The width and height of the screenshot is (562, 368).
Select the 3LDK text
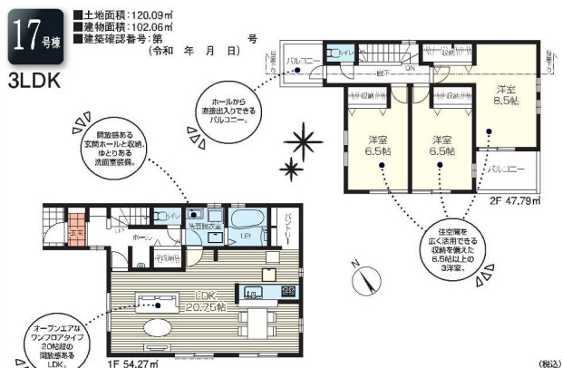(x=34, y=79)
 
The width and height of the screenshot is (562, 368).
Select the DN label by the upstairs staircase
(x=410, y=67)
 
